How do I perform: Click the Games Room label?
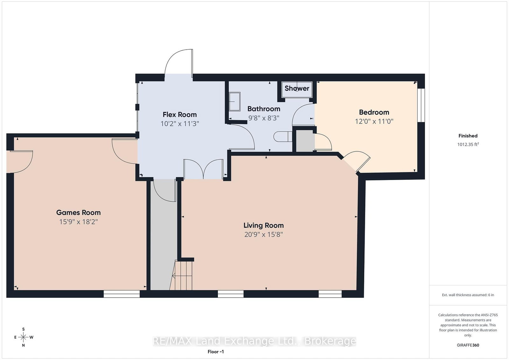(78, 212)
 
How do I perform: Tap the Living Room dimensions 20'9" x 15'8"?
(264, 234)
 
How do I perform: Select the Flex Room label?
(179, 114)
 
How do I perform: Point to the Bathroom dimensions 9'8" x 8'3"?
(264, 118)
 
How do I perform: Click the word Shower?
(297, 88)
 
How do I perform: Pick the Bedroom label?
(374, 112)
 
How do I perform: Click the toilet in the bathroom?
(283, 137)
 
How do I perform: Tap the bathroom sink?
(234, 101)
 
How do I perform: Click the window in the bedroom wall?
(421, 105)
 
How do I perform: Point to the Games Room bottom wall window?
(122, 294)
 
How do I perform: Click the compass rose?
(24, 337)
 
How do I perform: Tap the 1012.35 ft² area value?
(468, 144)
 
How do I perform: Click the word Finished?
(468, 136)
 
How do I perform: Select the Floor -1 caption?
(216, 352)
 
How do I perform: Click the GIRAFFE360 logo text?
(468, 345)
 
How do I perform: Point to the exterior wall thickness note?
(468, 295)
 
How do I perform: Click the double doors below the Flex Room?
(203, 169)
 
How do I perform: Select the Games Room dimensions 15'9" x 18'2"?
(78, 222)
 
